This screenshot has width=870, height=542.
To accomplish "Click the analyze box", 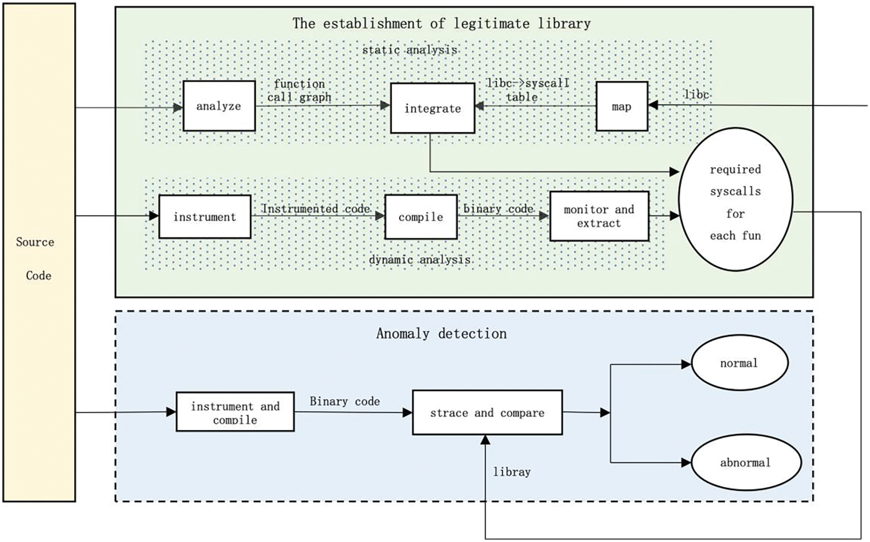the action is (219, 106).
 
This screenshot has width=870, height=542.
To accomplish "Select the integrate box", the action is (432, 108).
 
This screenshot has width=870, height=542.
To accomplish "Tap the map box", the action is (622, 106).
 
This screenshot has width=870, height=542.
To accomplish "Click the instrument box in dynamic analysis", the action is (205, 217).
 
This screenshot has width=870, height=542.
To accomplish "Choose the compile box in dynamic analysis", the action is (421, 217).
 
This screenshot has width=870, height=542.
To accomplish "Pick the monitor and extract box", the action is (599, 216).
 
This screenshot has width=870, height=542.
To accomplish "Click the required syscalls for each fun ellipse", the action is (735, 200).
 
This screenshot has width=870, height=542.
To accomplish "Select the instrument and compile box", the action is (235, 412).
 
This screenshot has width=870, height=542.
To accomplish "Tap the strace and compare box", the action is (487, 412).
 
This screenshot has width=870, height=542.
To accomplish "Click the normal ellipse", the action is (739, 363).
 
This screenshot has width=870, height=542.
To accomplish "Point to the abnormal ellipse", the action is (746, 462).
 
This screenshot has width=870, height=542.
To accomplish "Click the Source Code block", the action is (39, 253).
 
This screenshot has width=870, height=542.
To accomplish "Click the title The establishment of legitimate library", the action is (442, 23).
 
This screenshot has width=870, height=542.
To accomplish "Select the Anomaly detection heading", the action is (441, 333).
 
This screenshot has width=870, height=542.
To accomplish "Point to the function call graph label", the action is (299, 90).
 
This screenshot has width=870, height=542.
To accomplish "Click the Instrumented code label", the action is (315, 208).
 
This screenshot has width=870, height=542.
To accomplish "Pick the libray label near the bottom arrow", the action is (512, 472).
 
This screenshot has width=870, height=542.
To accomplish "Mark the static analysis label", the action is (410, 49).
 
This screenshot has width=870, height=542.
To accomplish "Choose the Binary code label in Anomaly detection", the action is (345, 401).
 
